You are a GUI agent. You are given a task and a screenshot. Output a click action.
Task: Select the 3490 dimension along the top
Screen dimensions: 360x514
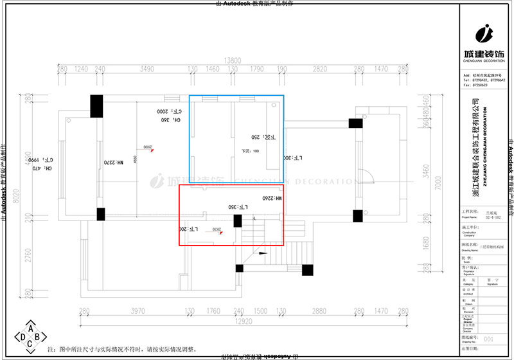[148, 68]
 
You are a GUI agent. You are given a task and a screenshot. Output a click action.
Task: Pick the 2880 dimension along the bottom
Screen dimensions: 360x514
[319, 311]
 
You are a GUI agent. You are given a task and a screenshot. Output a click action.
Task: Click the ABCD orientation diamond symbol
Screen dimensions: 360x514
[30, 336]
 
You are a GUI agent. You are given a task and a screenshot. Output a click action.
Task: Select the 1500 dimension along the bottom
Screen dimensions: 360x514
[260, 311]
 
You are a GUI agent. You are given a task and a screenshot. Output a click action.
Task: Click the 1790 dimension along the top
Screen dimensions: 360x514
[257, 68]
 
